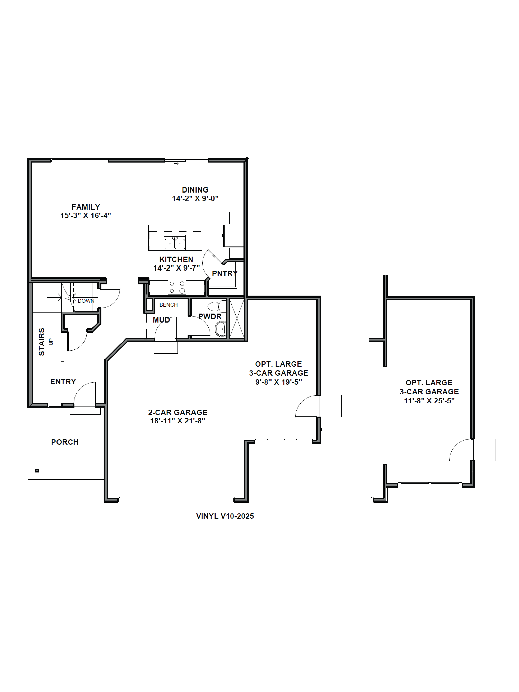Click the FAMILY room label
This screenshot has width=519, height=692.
(x=86, y=207)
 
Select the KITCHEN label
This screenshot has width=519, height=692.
(x=176, y=259)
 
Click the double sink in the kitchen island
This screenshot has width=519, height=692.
(x=175, y=243)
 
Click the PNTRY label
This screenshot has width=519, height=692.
(x=225, y=273)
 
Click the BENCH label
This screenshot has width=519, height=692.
(x=168, y=305)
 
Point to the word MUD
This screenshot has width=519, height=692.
(x=161, y=320)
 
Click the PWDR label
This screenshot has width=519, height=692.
(x=210, y=316)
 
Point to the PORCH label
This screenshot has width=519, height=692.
(x=65, y=442)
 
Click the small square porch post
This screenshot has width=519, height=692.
(x=37, y=471)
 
